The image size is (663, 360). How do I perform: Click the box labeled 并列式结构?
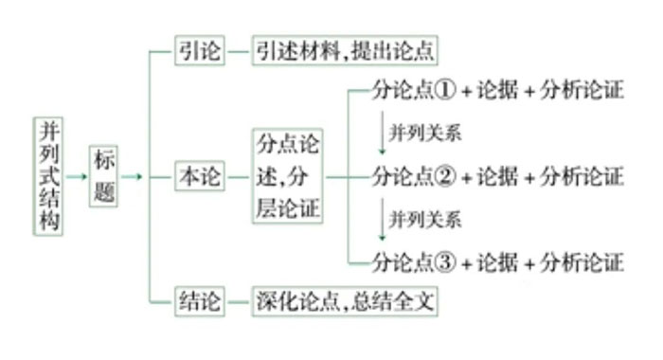pos(46,177)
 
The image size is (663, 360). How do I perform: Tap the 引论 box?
pos(200,51)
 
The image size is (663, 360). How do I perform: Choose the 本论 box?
pos(200,177)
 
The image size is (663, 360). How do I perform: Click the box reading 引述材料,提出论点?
pos(345,51)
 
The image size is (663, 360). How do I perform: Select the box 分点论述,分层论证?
pos(287,177)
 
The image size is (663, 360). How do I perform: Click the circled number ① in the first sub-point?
pos(446,91)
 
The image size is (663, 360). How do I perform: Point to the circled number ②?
pos(446,177)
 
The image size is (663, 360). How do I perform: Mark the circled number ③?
pos(446,261)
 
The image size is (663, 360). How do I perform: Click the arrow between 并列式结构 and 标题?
pos(76,177)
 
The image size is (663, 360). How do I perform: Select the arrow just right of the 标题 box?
pos(132,177)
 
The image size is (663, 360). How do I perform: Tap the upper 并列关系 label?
pos(425,134)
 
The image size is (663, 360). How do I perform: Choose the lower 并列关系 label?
pos(425,220)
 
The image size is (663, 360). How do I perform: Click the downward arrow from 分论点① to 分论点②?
pos(382,133)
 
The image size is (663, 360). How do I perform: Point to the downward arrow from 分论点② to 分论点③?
pos(382,219)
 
